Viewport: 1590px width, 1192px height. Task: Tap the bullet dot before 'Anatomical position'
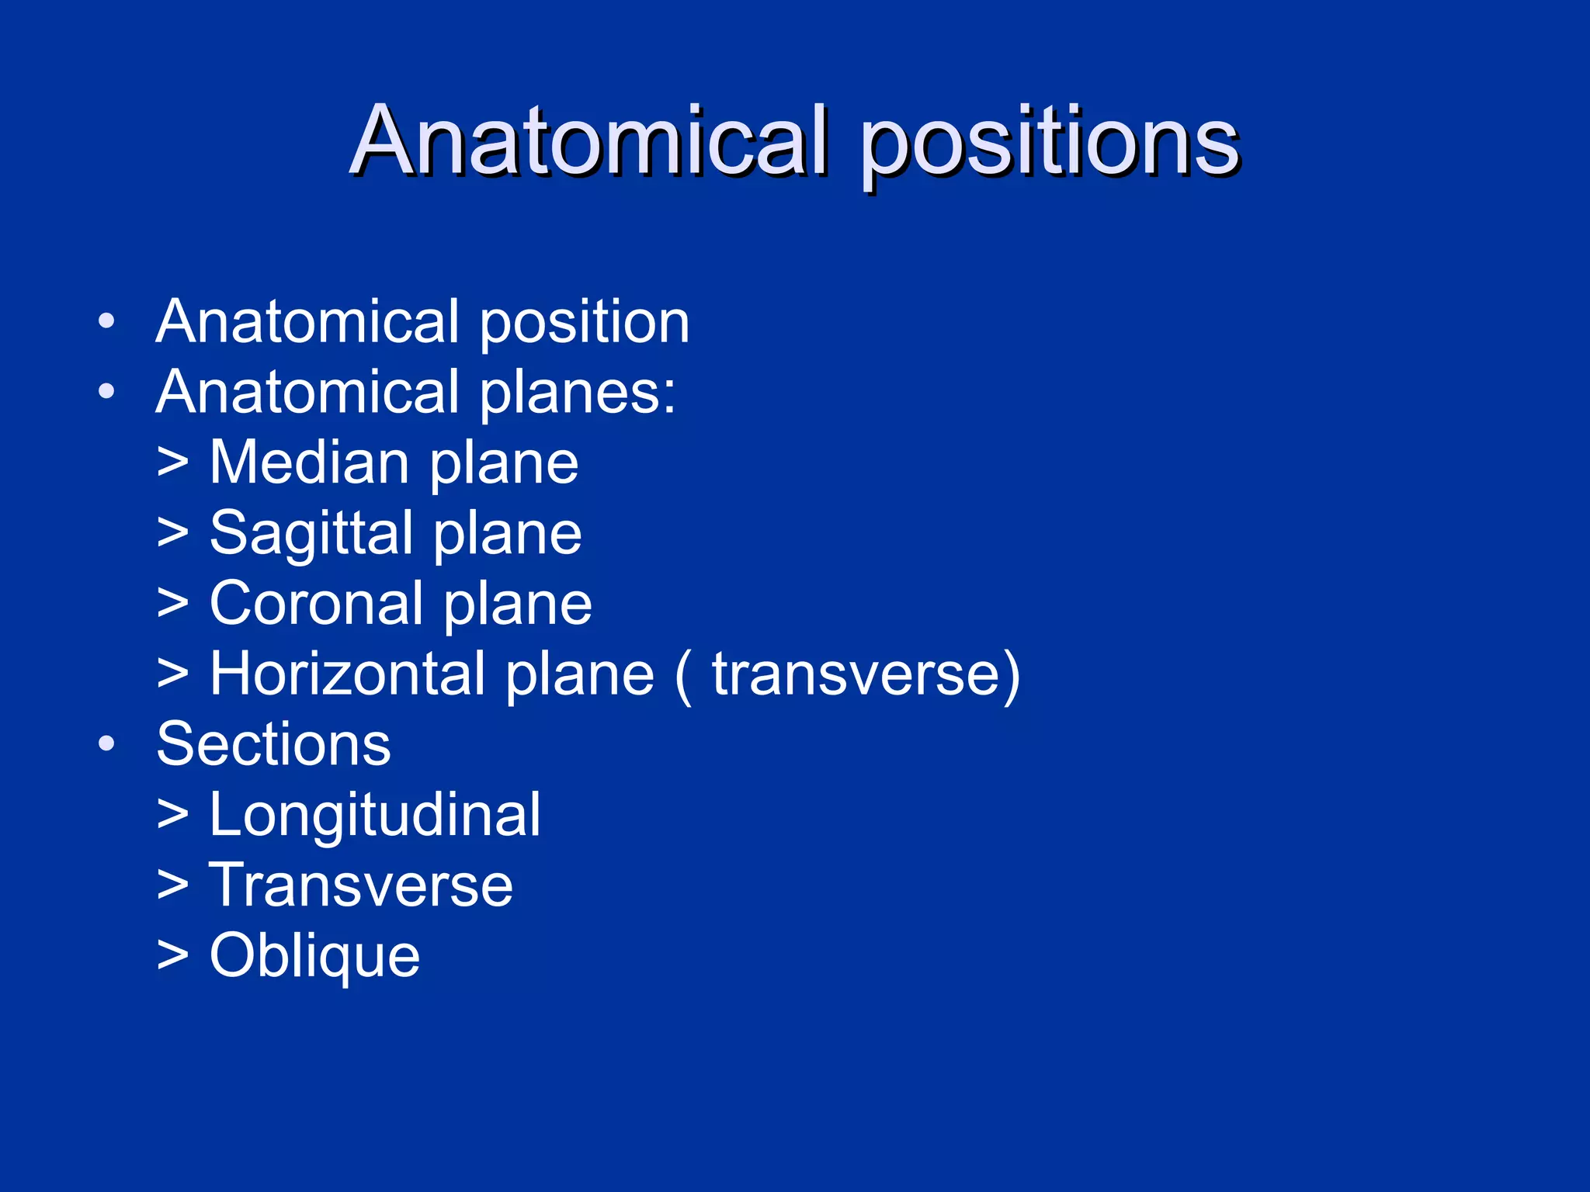[x=107, y=321]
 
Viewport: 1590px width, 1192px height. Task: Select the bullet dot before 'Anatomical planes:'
[x=107, y=391]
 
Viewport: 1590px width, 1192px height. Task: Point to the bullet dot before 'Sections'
[x=107, y=743]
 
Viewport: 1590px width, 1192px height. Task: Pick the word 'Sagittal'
[x=311, y=534]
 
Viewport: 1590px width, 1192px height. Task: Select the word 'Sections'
[x=273, y=743]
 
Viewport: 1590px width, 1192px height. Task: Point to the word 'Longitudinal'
[x=375, y=815]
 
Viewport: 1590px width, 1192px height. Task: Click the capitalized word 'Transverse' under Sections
[x=361, y=885]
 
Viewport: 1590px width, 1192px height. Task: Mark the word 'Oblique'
[x=314, y=955]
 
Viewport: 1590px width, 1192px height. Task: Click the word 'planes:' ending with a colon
[x=577, y=393]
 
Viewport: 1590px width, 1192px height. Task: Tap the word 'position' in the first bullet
[x=585, y=322]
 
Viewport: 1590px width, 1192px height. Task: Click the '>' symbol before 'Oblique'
[x=172, y=955]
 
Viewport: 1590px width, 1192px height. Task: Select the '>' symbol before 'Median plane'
[x=172, y=463]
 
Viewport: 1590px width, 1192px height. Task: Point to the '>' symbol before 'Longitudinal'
[x=172, y=815]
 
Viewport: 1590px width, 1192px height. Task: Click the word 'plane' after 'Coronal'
[x=517, y=605]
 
